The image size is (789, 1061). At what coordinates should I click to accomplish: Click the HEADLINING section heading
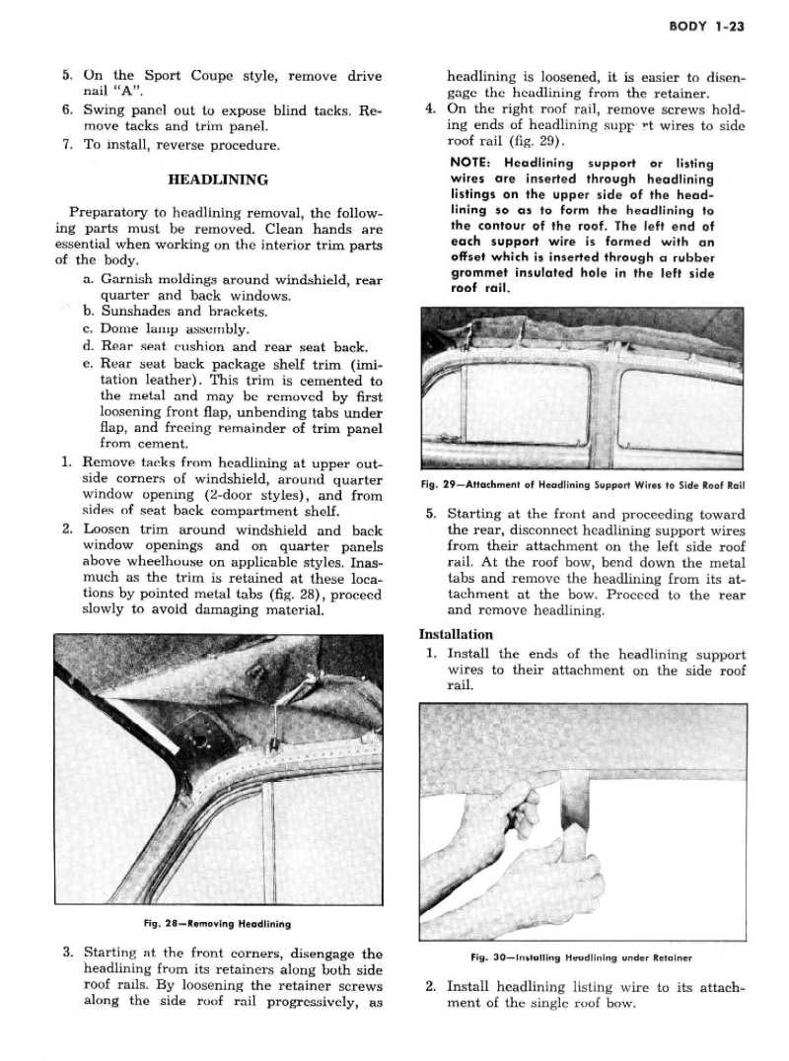[x=218, y=179]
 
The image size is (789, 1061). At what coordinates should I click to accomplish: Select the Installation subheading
[x=456, y=634]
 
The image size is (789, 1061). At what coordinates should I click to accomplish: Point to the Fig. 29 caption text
[x=581, y=484]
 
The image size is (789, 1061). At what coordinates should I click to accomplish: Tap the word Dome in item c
[x=120, y=328]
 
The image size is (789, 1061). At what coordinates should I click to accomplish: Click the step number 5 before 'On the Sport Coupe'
[x=67, y=75]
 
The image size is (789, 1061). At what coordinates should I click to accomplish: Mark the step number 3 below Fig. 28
[x=67, y=953]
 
